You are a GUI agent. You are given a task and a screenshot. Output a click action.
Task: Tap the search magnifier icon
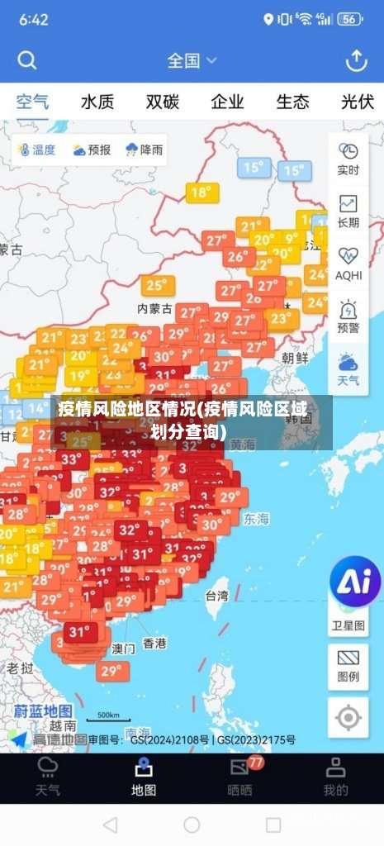click(x=27, y=60)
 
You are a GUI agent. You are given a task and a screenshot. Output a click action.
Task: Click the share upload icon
click(x=356, y=60)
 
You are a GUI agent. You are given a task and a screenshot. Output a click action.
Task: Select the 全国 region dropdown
click(x=192, y=60)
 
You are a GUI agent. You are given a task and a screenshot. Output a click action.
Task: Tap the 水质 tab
click(x=97, y=102)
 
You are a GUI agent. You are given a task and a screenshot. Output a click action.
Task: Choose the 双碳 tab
click(x=163, y=102)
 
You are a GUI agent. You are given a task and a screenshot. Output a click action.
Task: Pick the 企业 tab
click(x=227, y=102)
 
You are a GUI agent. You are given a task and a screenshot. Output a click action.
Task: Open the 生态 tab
click(x=292, y=102)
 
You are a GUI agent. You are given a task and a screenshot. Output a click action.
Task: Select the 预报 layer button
click(x=91, y=150)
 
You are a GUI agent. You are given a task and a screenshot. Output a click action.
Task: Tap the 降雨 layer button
click(x=144, y=150)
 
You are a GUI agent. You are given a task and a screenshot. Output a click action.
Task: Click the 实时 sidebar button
click(x=348, y=158)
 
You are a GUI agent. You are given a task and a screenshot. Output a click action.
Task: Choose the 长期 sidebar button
click(x=348, y=211)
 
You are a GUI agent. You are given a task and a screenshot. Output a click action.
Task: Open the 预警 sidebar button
click(x=348, y=316)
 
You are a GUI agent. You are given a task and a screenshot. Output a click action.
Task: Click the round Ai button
click(x=355, y=582)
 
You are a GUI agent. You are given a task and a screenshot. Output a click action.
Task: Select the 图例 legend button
click(x=348, y=666)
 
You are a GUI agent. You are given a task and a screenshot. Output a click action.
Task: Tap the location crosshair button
click(x=348, y=717)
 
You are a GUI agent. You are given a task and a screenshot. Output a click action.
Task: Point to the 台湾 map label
click(x=216, y=595)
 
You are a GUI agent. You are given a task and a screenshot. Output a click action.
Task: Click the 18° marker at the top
click(x=201, y=193)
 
